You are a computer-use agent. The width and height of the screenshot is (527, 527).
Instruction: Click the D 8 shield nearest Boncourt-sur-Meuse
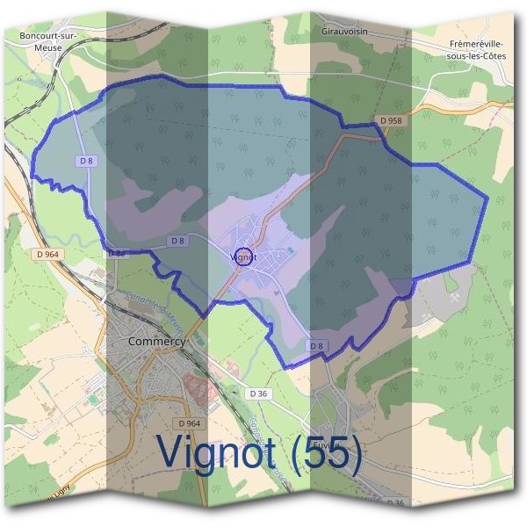[86, 161]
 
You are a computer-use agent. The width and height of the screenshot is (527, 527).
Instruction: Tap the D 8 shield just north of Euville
[315, 347]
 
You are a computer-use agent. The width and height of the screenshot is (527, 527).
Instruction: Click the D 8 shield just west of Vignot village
[177, 240]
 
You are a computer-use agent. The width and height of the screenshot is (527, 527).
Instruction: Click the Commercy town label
[156, 341]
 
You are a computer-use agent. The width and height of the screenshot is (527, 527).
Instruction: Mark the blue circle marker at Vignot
[244, 256]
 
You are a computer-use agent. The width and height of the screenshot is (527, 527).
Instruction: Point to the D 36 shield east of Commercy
[258, 393]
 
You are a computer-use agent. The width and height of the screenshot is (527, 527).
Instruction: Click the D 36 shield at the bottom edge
[395, 502]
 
